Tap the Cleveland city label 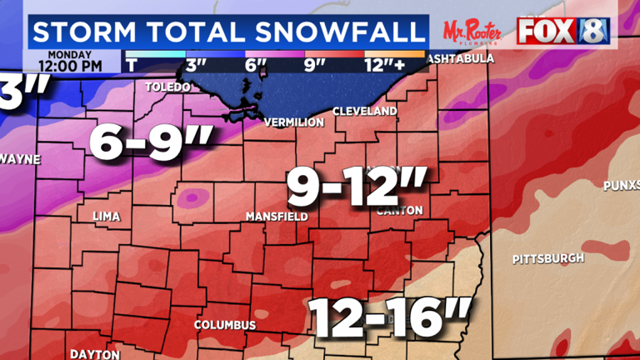(364, 111)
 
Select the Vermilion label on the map (293, 122)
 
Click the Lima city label (106, 217)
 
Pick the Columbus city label (225, 324)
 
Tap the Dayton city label (94, 354)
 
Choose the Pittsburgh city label (547, 258)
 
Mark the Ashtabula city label (460, 59)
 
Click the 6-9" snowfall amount (151, 142)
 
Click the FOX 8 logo (562, 31)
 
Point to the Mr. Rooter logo (472, 31)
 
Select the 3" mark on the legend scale (196, 64)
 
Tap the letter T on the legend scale (131, 64)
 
